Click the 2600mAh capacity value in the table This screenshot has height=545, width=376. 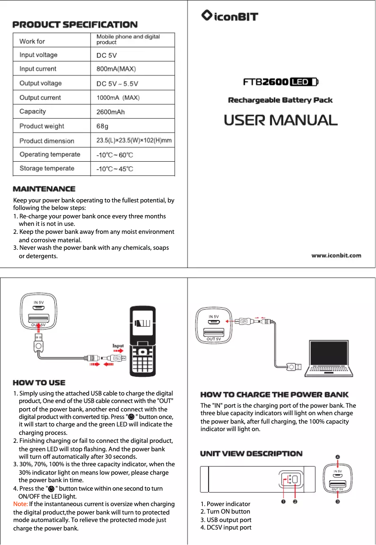click(x=111, y=112)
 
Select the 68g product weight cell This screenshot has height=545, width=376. click(x=102, y=127)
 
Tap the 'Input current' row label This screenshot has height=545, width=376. click(x=38, y=69)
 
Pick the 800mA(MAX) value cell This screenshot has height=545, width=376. click(x=116, y=69)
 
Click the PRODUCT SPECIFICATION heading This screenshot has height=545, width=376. click(x=75, y=24)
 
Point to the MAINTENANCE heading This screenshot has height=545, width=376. click(x=44, y=189)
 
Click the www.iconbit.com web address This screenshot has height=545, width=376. click(x=337, y=255)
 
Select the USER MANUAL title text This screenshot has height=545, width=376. click(x=280, y=120)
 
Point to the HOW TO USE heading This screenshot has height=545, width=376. click(x=39, y=383)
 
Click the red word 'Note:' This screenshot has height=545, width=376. click(x=21, y=504)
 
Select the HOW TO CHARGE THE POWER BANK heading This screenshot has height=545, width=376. click(x=274, y=395)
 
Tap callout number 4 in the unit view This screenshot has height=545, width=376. click(x=338, y=457)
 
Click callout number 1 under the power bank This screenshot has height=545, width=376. click(x=284, y=502)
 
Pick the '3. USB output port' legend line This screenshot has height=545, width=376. click(x=226, y=520)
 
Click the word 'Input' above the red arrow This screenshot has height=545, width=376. click(x=118, y=346)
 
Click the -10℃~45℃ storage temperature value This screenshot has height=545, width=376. click(x=114, y=169)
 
